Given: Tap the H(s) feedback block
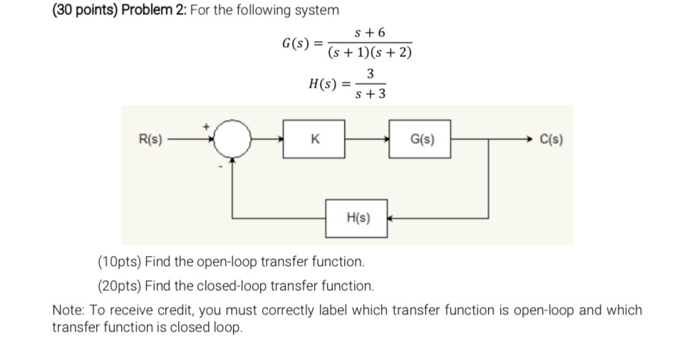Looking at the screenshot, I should (x=357, y=218).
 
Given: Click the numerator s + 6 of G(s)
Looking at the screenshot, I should (x=371, y=33).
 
